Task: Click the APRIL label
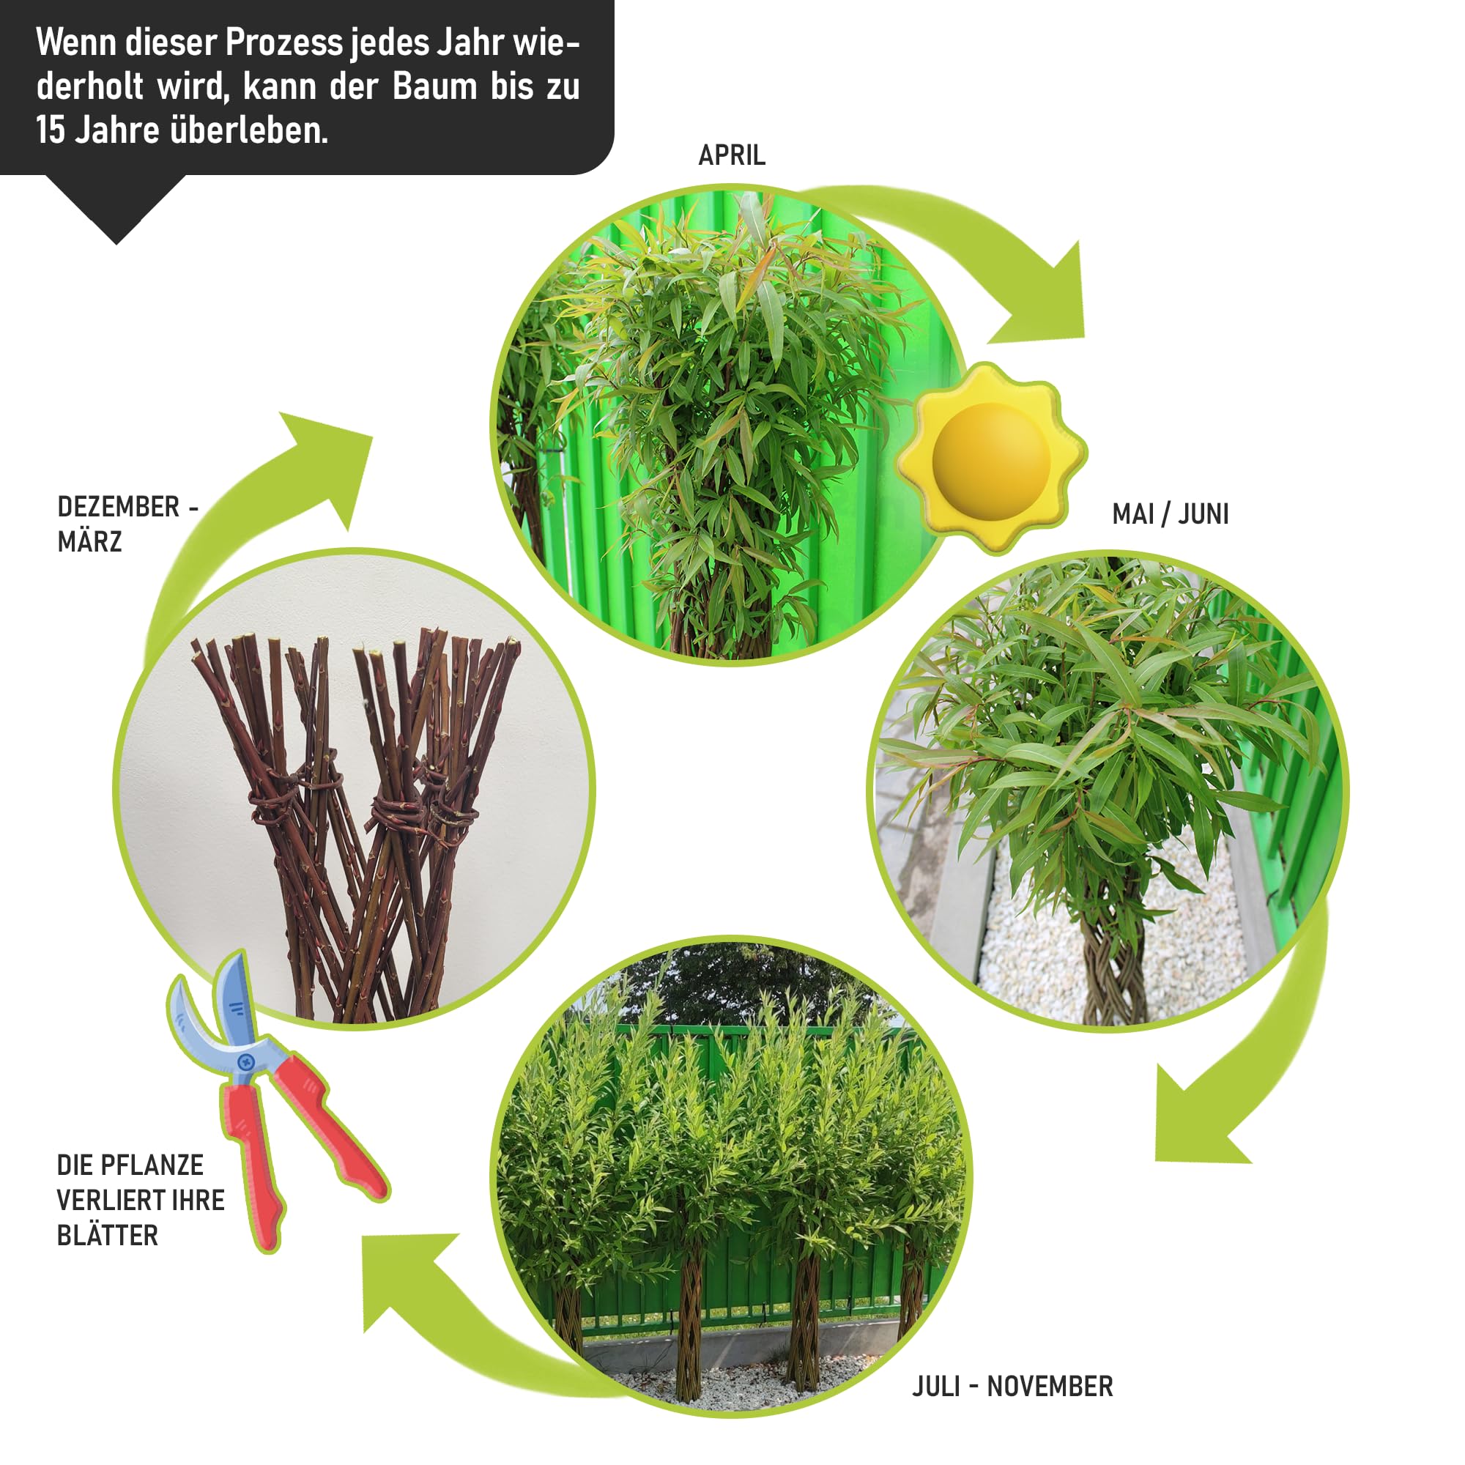(x=732, y=155)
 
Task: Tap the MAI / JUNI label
(x=1170, y=514)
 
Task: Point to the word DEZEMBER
(x=118, y=507)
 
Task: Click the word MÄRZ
(x=89, y=541)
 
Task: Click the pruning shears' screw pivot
(x=245, y=1061)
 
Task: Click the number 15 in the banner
(x=51, y=130)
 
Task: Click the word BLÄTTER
(x=108, y=1235)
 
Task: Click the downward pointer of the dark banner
(x=116, y=209)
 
